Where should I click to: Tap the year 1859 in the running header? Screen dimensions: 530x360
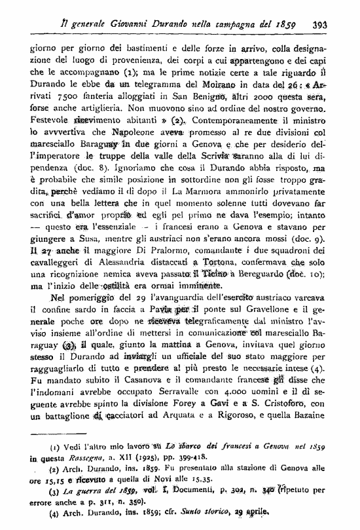[x=285, y=26]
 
